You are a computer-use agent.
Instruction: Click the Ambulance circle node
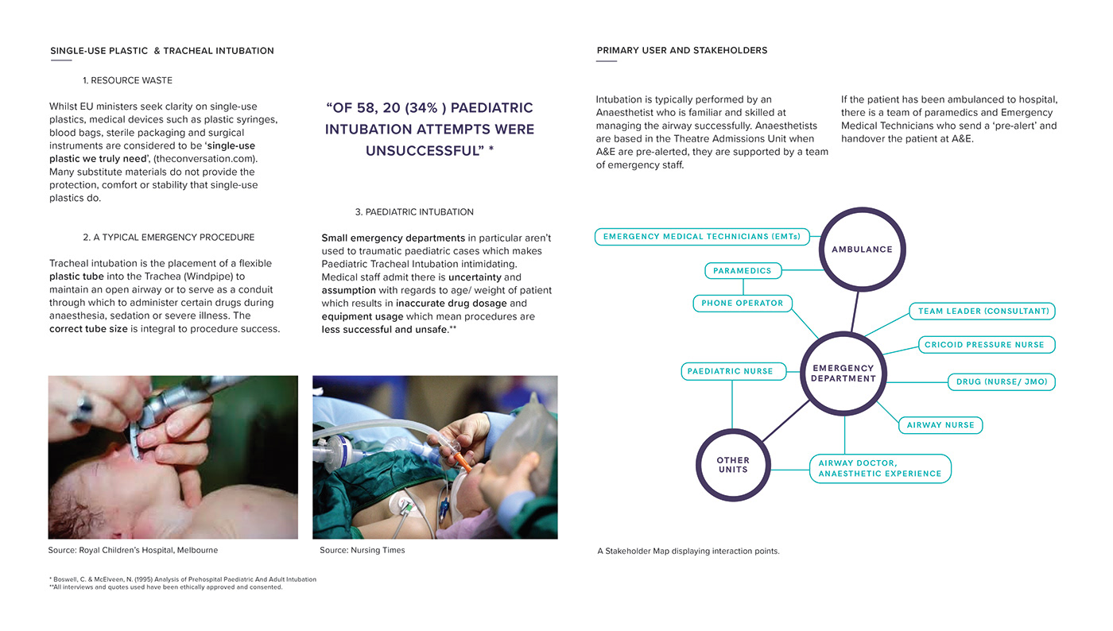click(862, 250)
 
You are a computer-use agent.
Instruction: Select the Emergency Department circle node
click(843, 374)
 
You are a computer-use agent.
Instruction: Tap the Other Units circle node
click(732, 465)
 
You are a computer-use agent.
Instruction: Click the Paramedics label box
click(743, 271)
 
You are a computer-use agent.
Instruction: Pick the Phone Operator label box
click(743, 303)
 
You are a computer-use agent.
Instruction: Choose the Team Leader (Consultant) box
click(983, 312)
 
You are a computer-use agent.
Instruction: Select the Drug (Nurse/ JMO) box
click(1002, 382)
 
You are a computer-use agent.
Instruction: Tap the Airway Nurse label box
click(940, 425)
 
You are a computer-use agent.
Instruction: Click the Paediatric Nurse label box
click(732, 371)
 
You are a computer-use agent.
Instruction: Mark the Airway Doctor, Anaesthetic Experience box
click(880, 469)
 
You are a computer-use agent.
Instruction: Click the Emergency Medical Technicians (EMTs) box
click(702, 237)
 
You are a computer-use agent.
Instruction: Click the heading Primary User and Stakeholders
click(681, 50)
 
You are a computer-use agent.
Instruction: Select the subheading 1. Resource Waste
click(127, 80)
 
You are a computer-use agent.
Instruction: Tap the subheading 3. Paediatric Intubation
click(414, 212)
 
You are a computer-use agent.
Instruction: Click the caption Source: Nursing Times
click(362, 550)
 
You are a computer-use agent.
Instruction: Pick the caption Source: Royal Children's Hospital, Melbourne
click(133, 550)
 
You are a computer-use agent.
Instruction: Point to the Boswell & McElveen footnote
click(183, 579)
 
